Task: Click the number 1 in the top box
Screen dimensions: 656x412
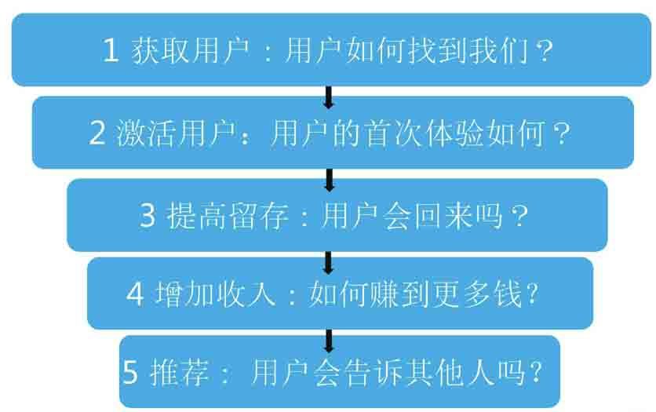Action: click(111, 52)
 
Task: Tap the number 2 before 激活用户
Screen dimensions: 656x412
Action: click(97, 134)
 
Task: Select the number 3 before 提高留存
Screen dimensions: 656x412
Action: click(148, 216)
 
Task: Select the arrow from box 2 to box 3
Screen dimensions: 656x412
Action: click(329, 180)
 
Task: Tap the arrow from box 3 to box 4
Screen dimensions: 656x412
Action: click(329, 261)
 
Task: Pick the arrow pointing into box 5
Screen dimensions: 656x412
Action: click(329, 340)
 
